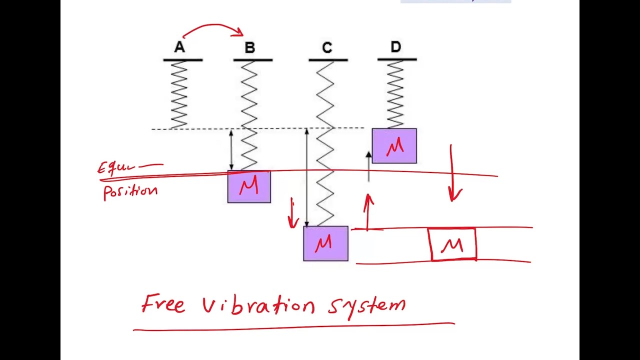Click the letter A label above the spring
click(179, 48)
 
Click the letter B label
click(250, 48)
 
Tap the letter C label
click(327, 48)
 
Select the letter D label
click(395, 47)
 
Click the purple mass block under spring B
click(249, 187)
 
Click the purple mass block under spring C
click(325, 243)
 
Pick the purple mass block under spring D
click(394, 146)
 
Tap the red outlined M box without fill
click(452, 244)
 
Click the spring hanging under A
click(179, 94)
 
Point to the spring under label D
click(395, 94)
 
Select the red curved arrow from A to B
click(214, 27)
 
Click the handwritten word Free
click(163, 303)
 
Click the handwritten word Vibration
click(258, 305)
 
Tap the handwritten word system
click(367, 304)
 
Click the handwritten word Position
click(130, 191)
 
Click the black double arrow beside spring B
click(231, 150)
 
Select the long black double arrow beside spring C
click(306, 177)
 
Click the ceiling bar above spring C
click(328, 60)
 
